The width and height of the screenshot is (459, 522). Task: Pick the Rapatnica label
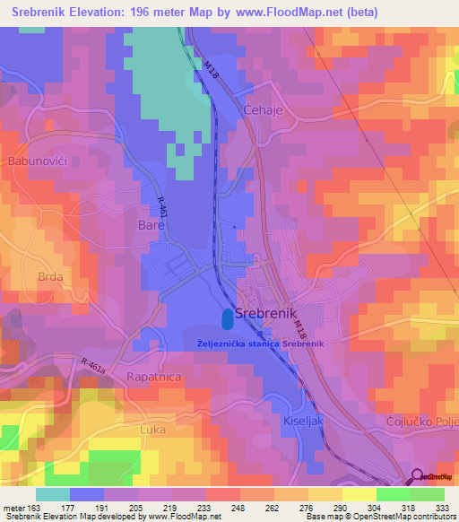coord(154,377)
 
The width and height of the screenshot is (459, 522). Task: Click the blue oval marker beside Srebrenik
coord(227,318)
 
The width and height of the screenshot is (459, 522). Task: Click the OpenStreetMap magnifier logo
coord(419,477)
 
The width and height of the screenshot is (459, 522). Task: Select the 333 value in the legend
coord(442,508)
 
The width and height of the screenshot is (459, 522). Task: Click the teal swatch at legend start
coord(53,494)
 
